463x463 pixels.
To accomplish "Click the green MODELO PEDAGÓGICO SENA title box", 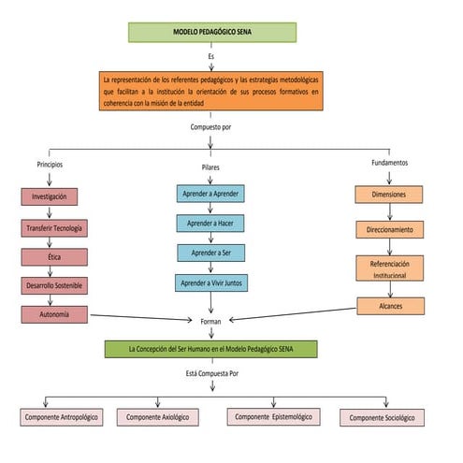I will tap(212, 32).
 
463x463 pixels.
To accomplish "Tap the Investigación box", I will tap(49, 197).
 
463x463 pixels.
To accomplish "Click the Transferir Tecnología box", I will tap(55, 227).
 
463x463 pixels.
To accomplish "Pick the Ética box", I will tap(55, 257).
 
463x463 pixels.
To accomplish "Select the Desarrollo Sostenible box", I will tap(55, 286).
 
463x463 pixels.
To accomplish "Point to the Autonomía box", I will tap(55, 315).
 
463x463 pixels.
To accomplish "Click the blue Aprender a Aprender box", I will tap(210, 194).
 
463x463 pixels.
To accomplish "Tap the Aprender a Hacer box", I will tap(210, 224).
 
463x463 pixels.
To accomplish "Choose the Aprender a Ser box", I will tap(210, 253).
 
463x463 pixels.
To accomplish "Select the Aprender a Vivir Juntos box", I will tap(210, 282).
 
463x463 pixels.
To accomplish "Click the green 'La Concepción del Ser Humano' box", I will tap(211, 349).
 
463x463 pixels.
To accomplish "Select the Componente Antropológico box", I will tap(63, 417).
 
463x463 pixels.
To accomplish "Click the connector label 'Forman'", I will tap(211, 321).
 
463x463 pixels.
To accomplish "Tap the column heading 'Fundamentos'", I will tap(389, 163).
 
